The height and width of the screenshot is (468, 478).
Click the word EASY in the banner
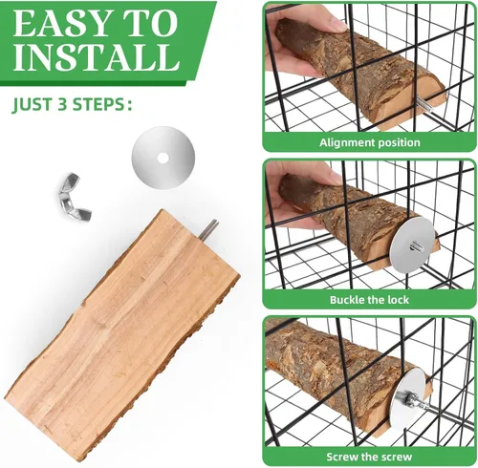[60, 24]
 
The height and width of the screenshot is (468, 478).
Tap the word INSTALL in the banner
[97, 57]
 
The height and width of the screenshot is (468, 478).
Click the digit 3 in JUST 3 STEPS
[61, 104]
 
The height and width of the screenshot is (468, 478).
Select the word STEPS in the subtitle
[97, 104]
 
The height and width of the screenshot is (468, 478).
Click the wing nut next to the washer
[73, 196]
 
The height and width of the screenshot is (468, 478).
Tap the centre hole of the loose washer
[163, 158]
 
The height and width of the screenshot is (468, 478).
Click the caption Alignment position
[370, 142]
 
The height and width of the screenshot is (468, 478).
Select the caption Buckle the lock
[369, 300]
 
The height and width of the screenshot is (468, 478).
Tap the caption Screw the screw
[369, 457]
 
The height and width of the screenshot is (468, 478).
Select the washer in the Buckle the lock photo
[412, 245]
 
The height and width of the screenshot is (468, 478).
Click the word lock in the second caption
[398, 300]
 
